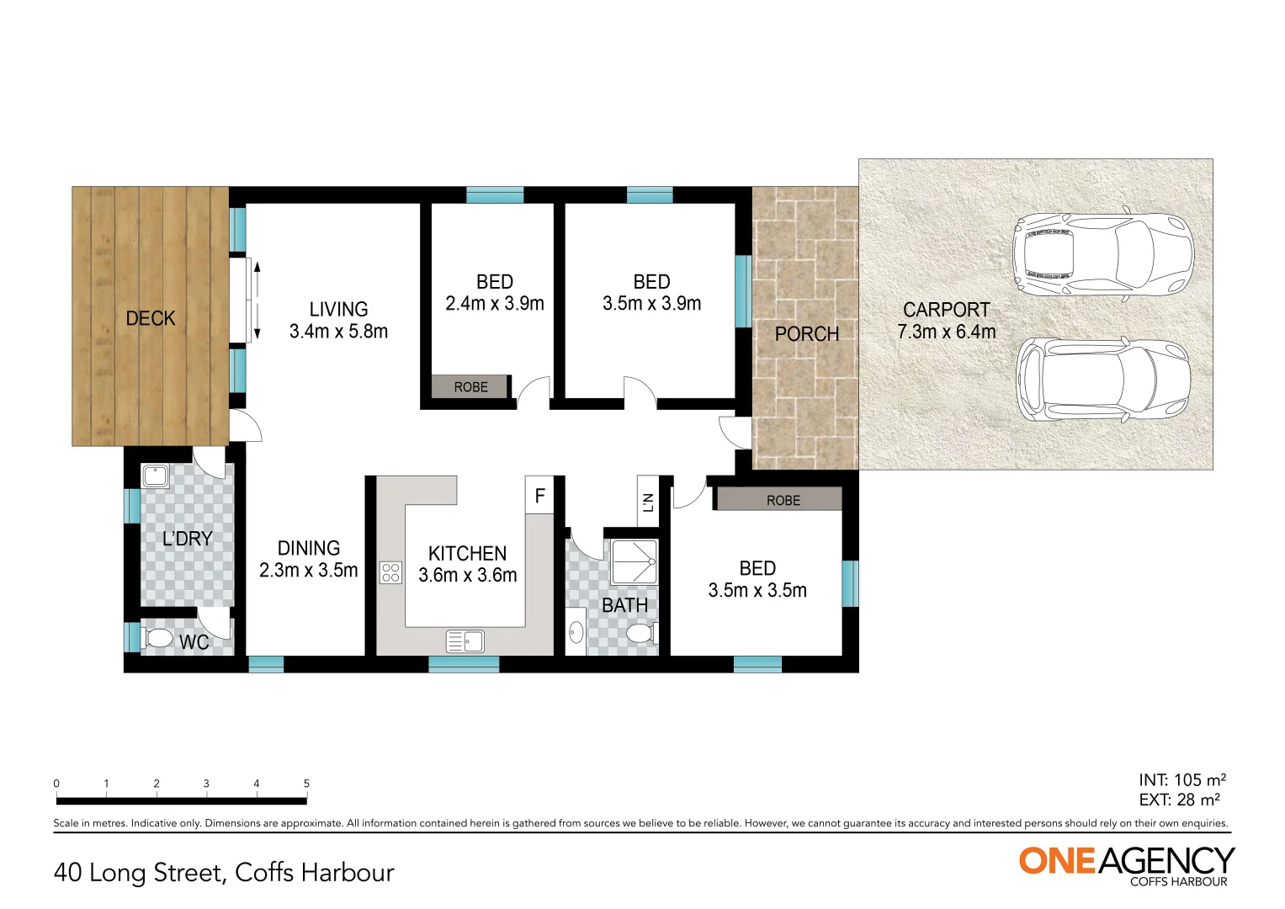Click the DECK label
click(x=151, y=318)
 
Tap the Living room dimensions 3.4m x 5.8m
click(x=338, y=332)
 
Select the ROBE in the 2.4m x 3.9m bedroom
click(x=470, y=387)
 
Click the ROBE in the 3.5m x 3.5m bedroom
click(x=782, y=500)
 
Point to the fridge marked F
click(x=539, y=496)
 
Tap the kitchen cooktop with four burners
click(x=390, y=572)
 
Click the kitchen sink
click(x=465, y=641)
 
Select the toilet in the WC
click(x=157, y=637)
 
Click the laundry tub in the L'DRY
click(x=156, y=476)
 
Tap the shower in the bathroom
click(x=634, y=561)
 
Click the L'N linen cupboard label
click(x=648, y=502)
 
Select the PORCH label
click(x=806, y=334)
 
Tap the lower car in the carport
click(x=1102, y=380)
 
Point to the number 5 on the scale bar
click(x=306, y=784)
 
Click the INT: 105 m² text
click(x=1181, y=780)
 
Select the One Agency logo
click(x=1126, y=864)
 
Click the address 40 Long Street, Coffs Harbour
click(x=224, y=873)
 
